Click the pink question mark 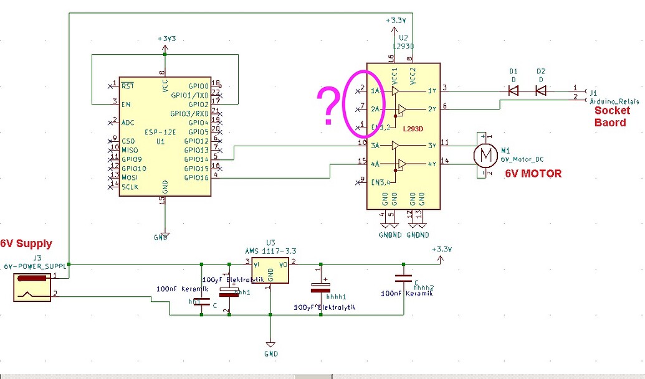point(328,106)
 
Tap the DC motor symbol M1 point(483,156)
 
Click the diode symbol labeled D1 point(514,91)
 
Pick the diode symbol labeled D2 point(541,91)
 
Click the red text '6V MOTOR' point(533,174)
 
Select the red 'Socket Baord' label point(611,116)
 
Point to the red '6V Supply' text point(26,243)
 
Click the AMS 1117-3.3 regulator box point(270,269)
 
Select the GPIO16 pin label point(196,177)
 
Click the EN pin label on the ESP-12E point(127,104)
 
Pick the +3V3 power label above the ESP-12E point(167,39)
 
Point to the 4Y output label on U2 point(431,164)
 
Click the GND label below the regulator point(270,353)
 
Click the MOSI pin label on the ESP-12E point(130,177)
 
